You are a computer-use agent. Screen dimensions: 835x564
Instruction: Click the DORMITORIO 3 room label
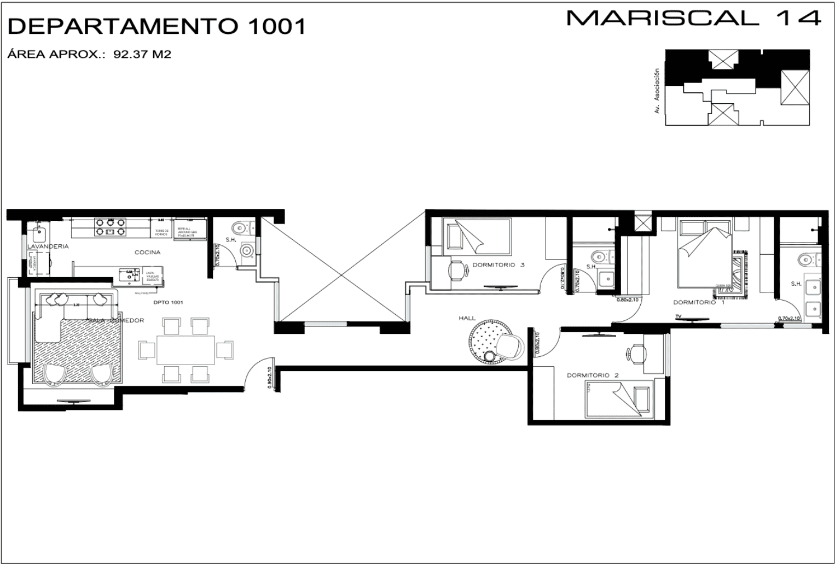[498, 265]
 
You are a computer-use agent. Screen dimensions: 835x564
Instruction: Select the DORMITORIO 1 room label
[698, 302]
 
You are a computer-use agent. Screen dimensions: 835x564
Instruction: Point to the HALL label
[467, 318]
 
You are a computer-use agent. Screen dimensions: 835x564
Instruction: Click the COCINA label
[148, 252]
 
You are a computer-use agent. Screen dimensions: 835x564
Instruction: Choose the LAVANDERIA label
[48, 246]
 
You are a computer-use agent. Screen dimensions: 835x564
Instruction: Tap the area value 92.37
[127, 54]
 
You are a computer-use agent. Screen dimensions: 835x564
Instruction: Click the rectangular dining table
[186, 350]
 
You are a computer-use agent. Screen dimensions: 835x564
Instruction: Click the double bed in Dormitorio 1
[704, 252]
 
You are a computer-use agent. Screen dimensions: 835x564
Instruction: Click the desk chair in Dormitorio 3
[455, 270]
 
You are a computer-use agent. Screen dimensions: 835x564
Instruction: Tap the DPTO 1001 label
[168, 302]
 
